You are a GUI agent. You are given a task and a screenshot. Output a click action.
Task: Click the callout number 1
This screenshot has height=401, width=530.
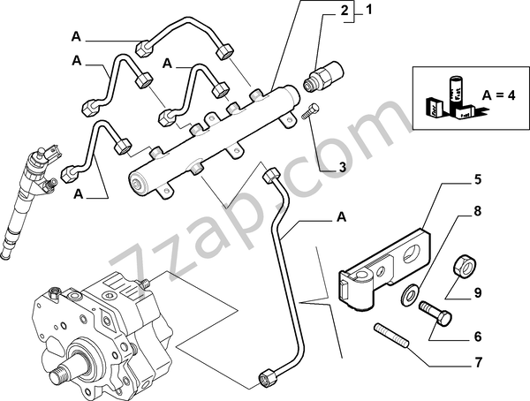pos(369,11)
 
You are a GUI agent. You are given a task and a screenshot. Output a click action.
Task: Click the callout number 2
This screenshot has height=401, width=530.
pos(345,11)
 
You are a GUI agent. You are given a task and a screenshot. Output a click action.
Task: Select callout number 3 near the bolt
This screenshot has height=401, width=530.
pos(341,165)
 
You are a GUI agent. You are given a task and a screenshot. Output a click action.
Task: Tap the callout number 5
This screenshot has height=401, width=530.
pos(478,179)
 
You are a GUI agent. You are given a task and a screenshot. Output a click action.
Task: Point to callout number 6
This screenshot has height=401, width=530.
pos(478,337)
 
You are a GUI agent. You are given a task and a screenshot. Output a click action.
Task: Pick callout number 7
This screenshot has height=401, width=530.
pos(478,363)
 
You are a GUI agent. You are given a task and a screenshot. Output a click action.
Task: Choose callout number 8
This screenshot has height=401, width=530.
pos(478,212)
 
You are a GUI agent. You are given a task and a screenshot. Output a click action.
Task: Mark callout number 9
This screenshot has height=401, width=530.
pos(478,293)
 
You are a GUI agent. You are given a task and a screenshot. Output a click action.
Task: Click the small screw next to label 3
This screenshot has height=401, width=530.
pos(310,113)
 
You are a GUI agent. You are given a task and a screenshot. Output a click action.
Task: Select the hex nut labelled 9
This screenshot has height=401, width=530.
pos(463,265)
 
